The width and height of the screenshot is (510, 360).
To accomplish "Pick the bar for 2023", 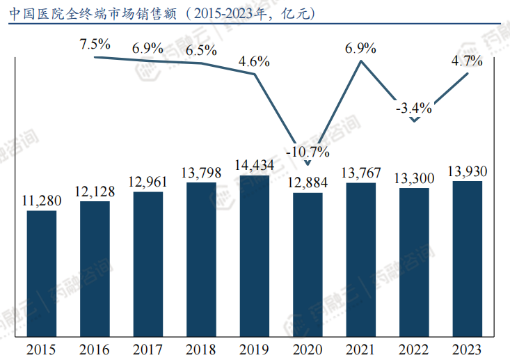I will [468, 258].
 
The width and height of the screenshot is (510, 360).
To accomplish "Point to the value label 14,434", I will [255, 166].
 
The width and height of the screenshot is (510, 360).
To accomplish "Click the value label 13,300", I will [414, 179].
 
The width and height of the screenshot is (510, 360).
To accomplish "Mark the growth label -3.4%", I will [414, 108].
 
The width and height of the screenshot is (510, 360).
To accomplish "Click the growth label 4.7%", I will [467, 61].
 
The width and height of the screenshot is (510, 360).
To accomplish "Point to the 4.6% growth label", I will [254, 61].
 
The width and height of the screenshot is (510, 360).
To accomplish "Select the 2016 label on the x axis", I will [95, 348].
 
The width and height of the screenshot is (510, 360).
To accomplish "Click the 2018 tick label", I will [201, 348].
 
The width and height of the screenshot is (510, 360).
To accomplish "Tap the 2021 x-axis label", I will [360, 348].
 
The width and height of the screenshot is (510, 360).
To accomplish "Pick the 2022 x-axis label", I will [414, 348].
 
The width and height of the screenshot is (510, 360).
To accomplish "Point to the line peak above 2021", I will [360, 61].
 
